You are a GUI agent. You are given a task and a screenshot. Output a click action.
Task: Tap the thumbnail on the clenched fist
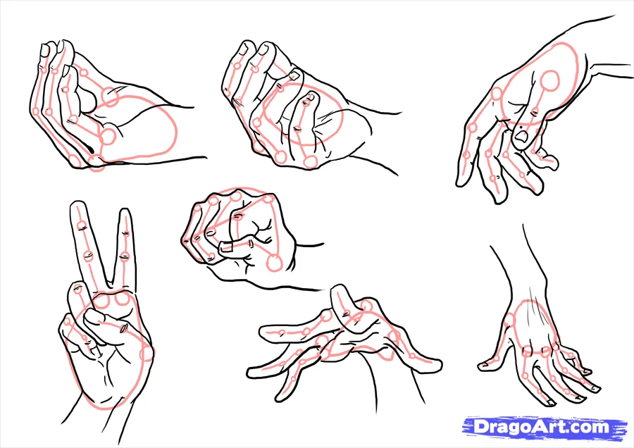point(227,247)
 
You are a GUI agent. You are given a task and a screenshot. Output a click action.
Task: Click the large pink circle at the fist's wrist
point(274,263)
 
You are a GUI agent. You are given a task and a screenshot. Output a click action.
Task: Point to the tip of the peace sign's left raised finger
point(77,205)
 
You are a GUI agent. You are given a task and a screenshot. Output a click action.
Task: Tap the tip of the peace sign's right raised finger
point(125,212)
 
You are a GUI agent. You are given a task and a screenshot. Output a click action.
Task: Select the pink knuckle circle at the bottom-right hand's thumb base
point(509,322)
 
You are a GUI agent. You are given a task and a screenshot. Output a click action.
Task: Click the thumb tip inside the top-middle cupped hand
point(307,99)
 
